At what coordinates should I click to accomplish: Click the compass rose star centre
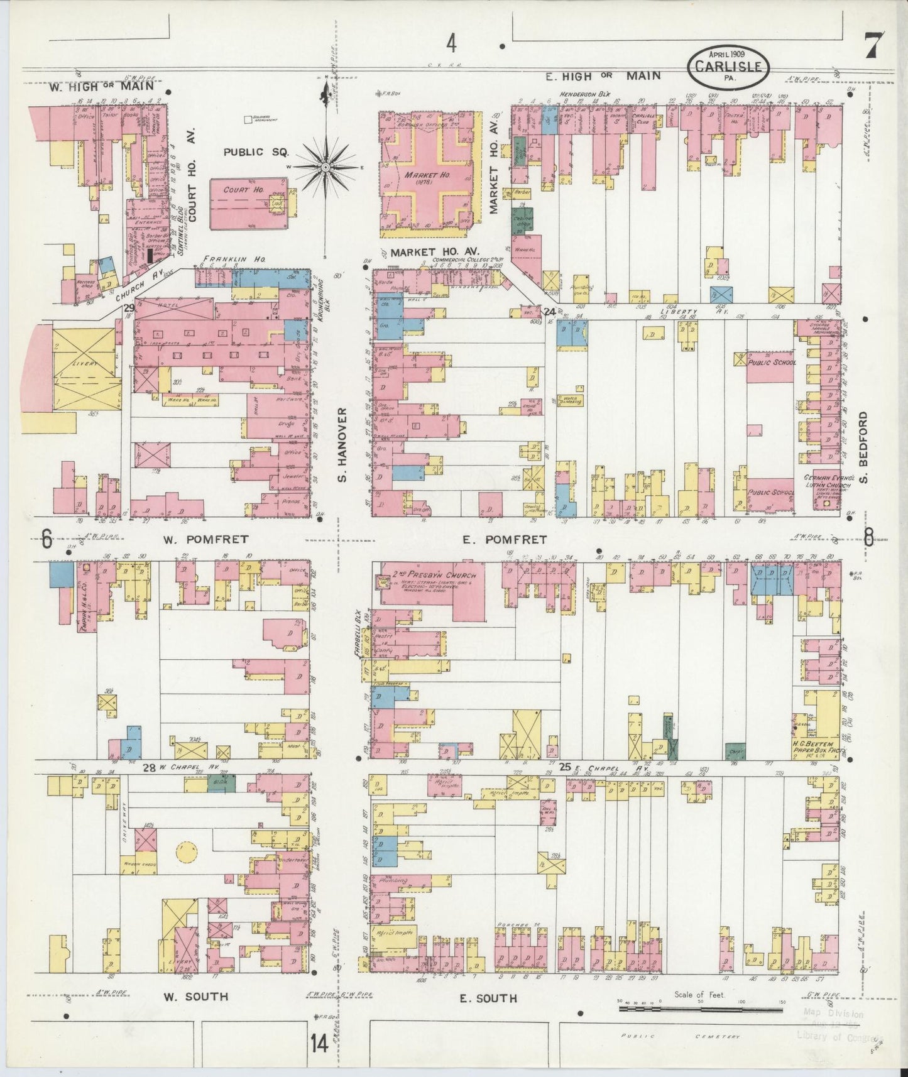click(326, 167)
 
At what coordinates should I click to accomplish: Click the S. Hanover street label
click(341, 444)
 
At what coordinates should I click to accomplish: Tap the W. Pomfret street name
click(206, 539)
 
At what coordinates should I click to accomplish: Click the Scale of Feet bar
click(701, 1009)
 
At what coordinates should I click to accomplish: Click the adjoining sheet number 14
click(319, 1044)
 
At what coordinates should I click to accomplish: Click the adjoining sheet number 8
click(868, 537)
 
